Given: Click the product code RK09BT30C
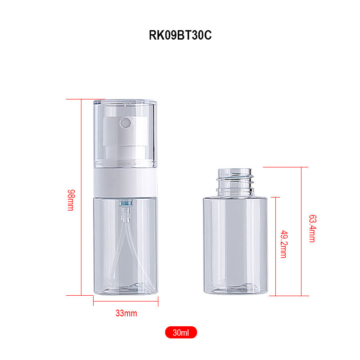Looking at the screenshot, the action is (180, 35).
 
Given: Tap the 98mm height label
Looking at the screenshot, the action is (71, 200).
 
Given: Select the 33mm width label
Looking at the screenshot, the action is (126, 313).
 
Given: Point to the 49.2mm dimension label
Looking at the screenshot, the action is (284, 244).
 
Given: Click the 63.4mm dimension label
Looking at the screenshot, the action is (312, 229).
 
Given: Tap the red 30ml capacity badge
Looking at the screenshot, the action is (181, 333).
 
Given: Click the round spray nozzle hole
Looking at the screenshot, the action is (126, 123).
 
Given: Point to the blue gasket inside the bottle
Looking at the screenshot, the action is (126, 203).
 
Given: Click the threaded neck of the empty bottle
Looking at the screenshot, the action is (235, 183).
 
